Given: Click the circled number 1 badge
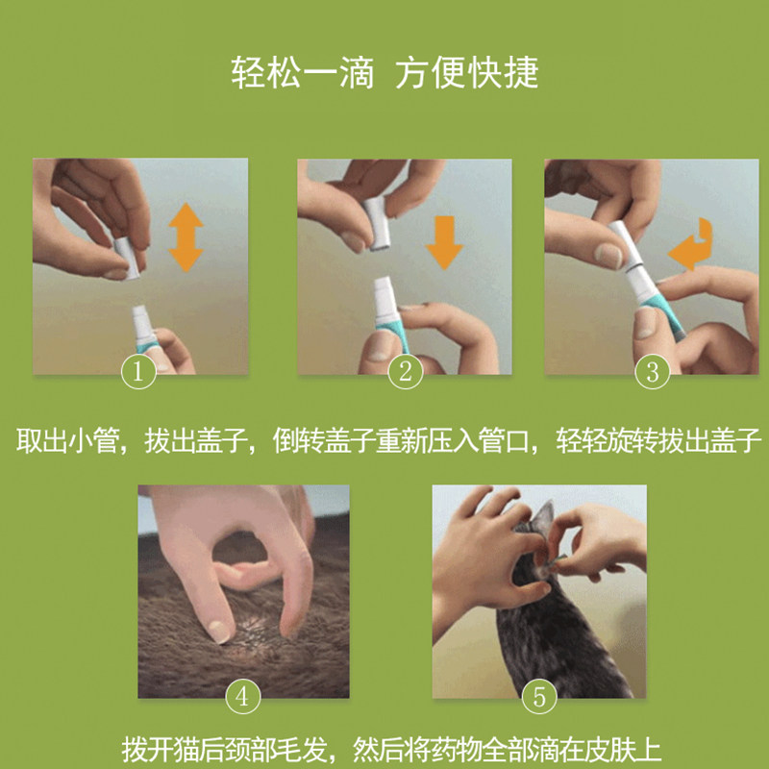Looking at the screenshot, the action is pos(138,371).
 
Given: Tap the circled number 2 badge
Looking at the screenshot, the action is pos(405,371).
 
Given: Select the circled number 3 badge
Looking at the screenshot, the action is pos(653,371).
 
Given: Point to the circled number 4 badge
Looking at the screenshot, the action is pos(243,696).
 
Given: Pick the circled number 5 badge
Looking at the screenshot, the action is pos(539,696).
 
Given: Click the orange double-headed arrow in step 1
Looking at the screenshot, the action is pos(186,237).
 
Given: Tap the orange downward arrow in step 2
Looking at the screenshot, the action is pos(444,243).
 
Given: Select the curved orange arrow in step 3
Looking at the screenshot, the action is pos(691,245).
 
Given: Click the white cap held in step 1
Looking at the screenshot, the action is pos(127,259).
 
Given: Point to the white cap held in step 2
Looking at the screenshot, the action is pos(378,224).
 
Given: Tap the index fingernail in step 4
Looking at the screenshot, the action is pos(219,631).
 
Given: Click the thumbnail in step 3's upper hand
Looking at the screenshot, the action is pos(608,256).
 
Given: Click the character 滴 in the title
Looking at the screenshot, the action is pos(357,73).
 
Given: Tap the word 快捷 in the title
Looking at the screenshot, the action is pos(503,73).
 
